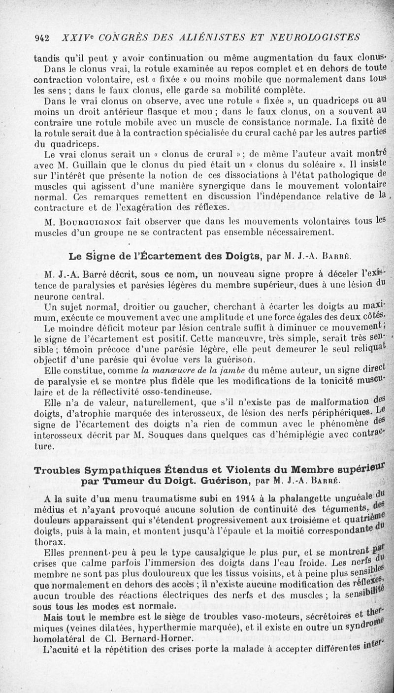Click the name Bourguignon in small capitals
[85, 220]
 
